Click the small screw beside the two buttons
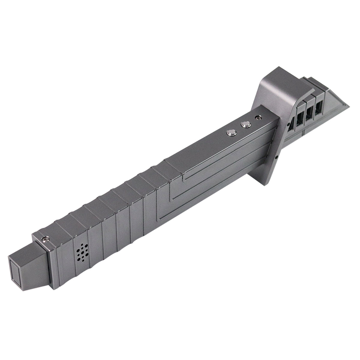(257, 118)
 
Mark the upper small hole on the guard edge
(288, 124)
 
